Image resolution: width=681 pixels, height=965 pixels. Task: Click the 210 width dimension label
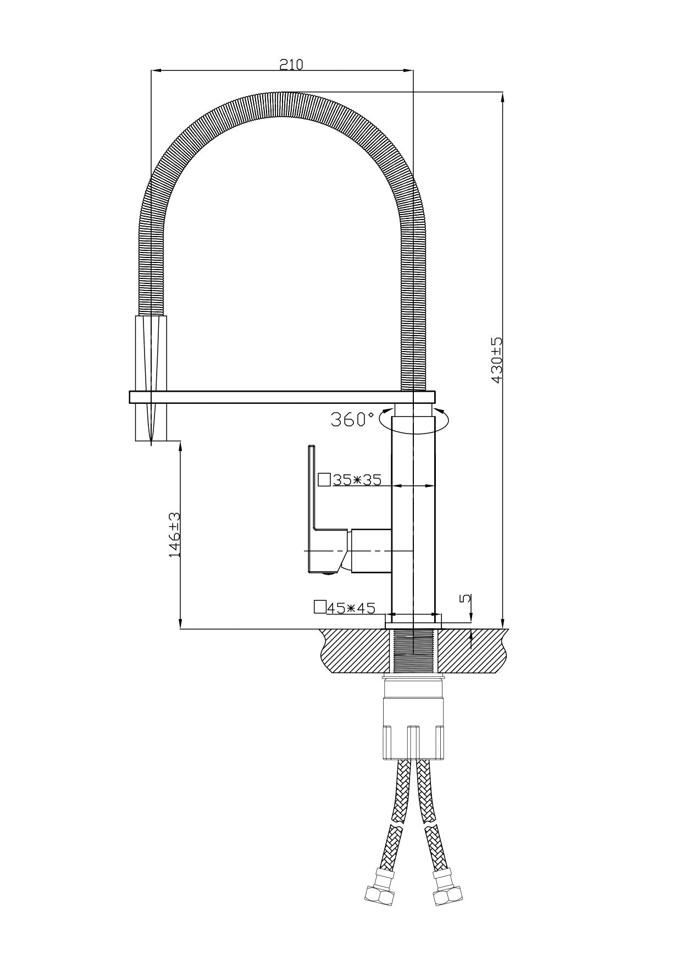coord(291,64)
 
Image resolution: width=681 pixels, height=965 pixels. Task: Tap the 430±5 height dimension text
coord(497,360)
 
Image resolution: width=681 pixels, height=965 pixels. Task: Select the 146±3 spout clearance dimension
coord(174,535)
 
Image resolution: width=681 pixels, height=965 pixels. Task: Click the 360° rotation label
coord(352,420)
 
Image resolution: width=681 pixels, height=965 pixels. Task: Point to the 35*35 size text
coord(357,480)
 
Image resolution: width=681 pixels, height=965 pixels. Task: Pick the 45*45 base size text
coord(351,608)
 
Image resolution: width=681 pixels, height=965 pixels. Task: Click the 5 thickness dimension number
coord(465,598)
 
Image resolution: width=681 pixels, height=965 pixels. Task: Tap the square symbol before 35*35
coord(324,480)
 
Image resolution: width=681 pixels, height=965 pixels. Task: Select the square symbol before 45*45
coord(319,607)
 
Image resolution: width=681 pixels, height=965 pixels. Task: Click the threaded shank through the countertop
coord(413,650)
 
